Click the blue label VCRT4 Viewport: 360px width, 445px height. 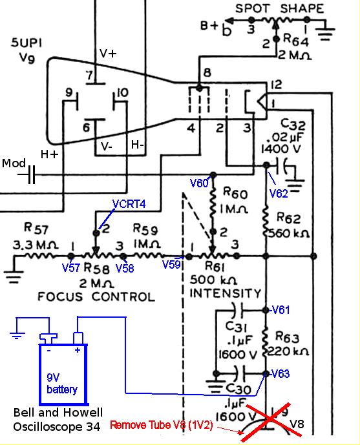point(129,204)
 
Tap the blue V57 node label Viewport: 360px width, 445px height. point(72,267)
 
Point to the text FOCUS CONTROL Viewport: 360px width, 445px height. point(96,297)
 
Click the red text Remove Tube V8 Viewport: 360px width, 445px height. point(162,425)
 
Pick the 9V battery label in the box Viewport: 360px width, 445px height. point(61,384)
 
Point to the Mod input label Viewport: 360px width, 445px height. point(14,163)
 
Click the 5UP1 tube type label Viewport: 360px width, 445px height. point(28,44)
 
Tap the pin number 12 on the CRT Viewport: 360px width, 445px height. point(277,85)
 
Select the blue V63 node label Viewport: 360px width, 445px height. point(280,374)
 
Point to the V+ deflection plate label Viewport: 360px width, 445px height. point(107,54)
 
